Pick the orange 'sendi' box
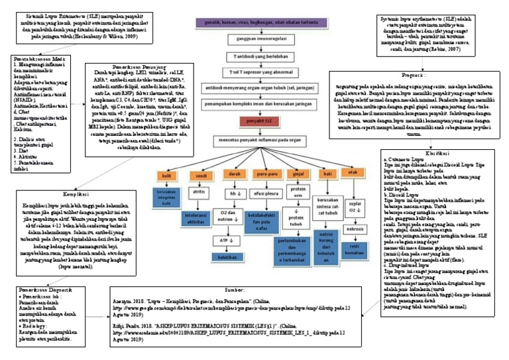point(199,175)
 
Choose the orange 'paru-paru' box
point(266,174)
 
